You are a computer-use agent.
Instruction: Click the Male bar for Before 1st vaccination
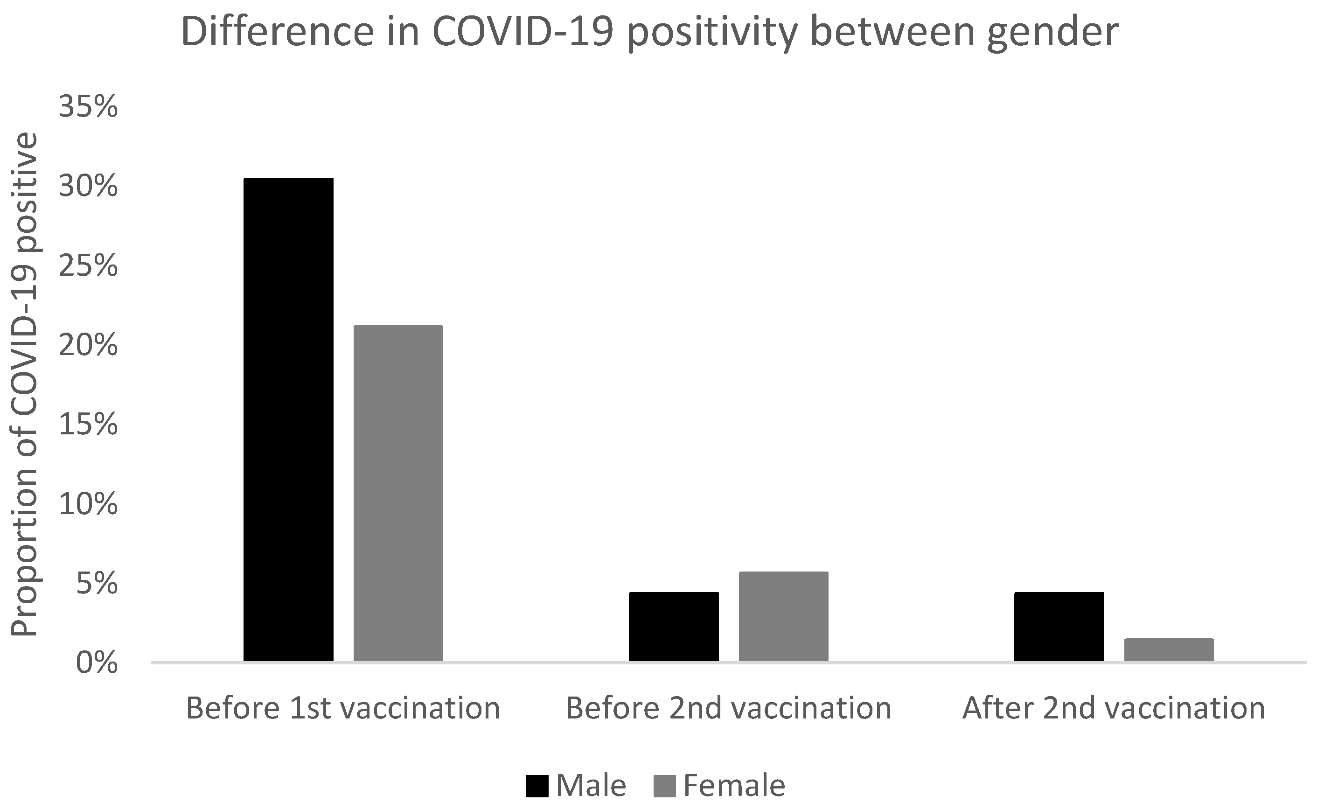pos(289,419)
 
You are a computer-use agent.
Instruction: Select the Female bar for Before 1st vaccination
pos(398,493)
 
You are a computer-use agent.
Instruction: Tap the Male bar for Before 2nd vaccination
pos(674,626)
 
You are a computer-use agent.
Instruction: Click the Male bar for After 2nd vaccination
pos(1059,626)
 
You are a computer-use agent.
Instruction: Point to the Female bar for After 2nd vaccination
pos(1169,649)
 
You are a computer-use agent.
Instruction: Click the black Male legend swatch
pos(537,786)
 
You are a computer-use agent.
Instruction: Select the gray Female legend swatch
pos(665,786)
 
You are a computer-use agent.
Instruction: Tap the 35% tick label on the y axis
pos(88,107)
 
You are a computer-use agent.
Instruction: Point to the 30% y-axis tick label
pos(88,187)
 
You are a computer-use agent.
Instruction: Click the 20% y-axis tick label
pos(88,345)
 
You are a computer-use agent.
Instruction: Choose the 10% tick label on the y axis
pos(88,504)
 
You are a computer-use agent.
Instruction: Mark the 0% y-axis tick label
pos(97,663)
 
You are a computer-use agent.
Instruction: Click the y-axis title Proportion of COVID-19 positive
pos(25,384)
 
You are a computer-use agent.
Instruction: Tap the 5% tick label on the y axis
pos(97,584)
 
